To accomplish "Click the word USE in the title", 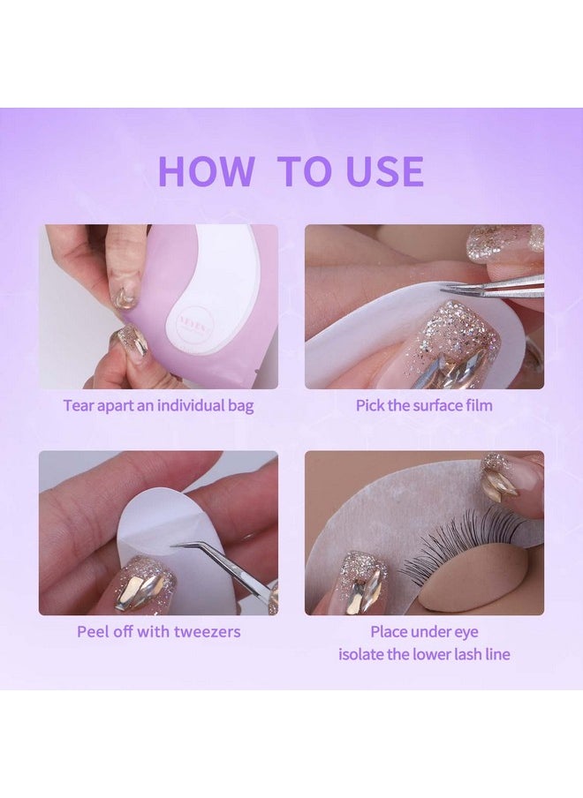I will [x=384, y=171].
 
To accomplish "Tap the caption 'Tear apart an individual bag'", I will [x=158, y=406].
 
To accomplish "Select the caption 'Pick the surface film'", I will [x=424, y=406].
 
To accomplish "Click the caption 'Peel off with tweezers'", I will [x=158, y=631].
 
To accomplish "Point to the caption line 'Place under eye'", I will [x=424, y=632].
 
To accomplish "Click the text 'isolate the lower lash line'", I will [x=424, y=654].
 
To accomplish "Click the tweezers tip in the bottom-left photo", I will [x=176, y=546].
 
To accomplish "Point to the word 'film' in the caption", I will [x=477, y=406].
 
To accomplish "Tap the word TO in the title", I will [x=306, y=171].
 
